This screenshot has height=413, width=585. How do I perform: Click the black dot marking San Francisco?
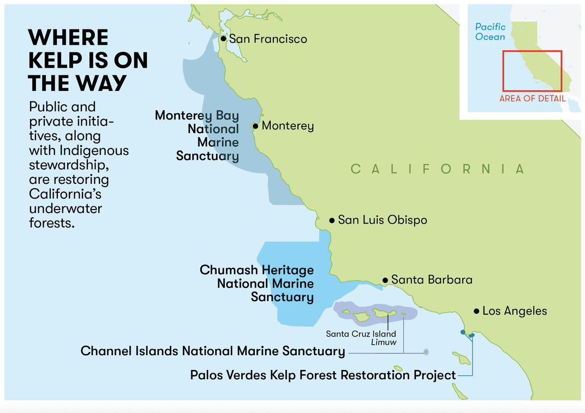click(x=223, y=39)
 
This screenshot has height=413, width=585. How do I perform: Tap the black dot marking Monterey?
click(x=255, y=126)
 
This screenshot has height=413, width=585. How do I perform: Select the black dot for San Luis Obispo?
click(x=331, y=220)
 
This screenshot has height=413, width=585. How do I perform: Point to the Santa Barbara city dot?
click(x=385, y=280)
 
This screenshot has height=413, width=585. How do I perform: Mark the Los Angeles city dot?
click(x=476, y=311)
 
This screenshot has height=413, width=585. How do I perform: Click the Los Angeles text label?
click(x=515, y=311)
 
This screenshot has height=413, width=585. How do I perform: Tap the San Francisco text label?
click(x=268, y=39)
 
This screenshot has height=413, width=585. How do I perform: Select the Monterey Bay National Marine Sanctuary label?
click(x=200, y=136)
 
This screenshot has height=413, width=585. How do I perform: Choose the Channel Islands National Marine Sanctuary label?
click(x=213, y=351)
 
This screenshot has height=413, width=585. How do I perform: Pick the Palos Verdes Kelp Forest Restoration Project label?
click(x=323, y=375)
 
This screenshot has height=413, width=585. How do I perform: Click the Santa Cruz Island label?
click(x=361, y=333)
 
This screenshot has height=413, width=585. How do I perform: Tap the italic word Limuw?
click(x=383, y=342)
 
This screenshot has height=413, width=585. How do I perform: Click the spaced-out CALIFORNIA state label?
click(x=437, y=169)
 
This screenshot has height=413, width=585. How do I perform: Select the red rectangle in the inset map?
click(x=532, y=71)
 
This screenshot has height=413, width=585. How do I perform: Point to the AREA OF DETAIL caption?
click(x=532, y=99)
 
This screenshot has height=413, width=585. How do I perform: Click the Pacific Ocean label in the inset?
click(x=490, y=32)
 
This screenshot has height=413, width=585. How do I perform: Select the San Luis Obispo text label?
click(x=383, y=220)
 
